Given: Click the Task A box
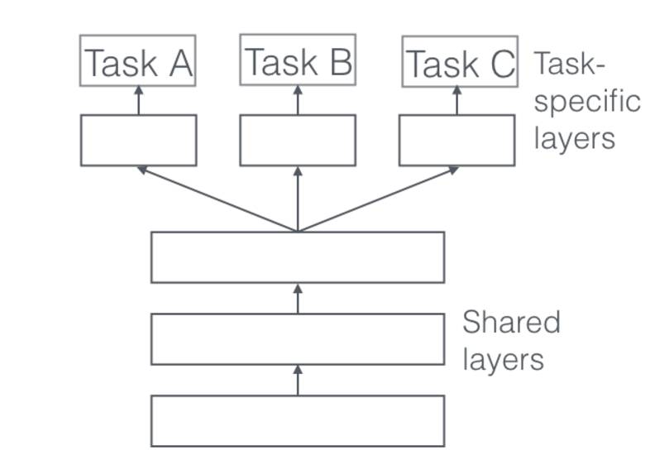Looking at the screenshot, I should pos(138,60).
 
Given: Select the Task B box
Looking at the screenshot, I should pos(298,60).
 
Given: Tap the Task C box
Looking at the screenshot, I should pos(460,61).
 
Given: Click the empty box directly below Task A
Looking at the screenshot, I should pos(138,140).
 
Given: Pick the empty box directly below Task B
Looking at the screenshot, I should pos(298,140).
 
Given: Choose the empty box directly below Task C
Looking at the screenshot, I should pos(457,140).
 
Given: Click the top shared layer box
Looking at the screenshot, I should pos(298,257).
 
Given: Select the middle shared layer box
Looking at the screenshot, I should pos(298,339).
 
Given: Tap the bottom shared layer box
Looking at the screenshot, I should pos(298,420).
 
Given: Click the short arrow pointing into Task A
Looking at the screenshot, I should pos(138,100).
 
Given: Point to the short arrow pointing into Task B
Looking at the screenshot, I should pos(298,99).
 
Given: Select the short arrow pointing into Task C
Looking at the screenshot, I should pos(457,100).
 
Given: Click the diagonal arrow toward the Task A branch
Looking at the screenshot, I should pos(217,199).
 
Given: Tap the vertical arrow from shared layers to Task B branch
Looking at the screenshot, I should pos(298,199).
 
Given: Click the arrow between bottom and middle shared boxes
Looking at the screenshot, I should pos(298,380).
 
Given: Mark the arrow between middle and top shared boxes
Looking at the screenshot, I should pos(298,298).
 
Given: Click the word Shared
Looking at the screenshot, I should pos(511,322).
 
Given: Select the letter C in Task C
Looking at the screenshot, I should pos(500,64).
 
